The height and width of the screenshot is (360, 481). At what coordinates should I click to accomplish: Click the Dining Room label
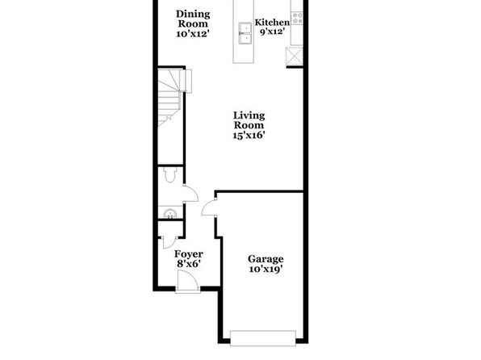tap(193, 19)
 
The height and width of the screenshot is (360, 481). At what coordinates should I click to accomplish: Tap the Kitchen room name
tap(272, 23)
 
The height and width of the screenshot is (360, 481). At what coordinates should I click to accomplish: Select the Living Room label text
tap(249, 120)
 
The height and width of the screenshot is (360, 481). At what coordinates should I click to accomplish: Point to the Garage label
tap(266, 259)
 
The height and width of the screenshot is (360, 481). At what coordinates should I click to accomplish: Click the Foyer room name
tap(189, 254)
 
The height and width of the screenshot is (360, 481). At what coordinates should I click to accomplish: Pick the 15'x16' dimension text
tap(249, 135)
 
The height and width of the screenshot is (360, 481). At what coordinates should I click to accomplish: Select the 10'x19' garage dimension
tap(266, 269)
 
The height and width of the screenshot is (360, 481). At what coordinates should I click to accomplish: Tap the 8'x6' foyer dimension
tap(189, 264)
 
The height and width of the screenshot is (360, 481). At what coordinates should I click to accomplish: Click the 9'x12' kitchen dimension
tap(271, 31)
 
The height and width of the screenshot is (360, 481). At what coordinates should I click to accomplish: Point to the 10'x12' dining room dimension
tap(193, 33)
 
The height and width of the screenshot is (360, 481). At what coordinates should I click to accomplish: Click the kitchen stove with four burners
tap(297, 18)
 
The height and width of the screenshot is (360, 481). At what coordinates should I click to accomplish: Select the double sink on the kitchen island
tap(245, 33)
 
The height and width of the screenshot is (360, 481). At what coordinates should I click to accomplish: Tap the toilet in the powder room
tap(169, 174)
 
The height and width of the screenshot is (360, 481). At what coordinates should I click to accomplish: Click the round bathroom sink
tap(170, 213)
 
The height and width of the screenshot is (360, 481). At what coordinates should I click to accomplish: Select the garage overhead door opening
tap(263, 338)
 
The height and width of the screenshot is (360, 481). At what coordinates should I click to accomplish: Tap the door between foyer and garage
tap(209, 207)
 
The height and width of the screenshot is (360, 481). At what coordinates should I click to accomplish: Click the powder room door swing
tap(190, 194)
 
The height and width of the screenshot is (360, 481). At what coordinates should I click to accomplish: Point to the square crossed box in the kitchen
tap(295, 57)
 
